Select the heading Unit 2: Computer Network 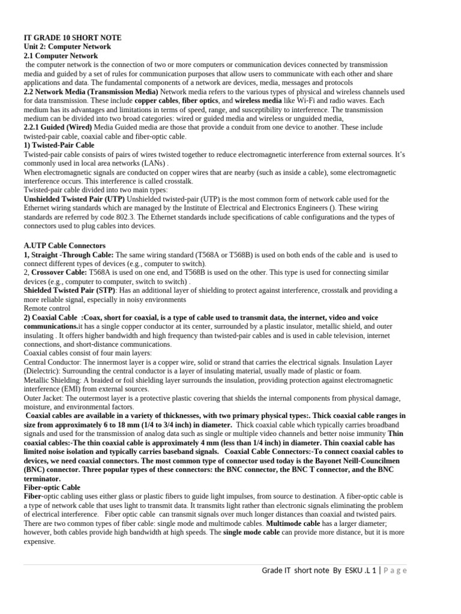pos(67,46)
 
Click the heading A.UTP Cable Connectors pos(64,246)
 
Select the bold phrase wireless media pos(258,101)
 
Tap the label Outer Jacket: pos(44,398)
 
